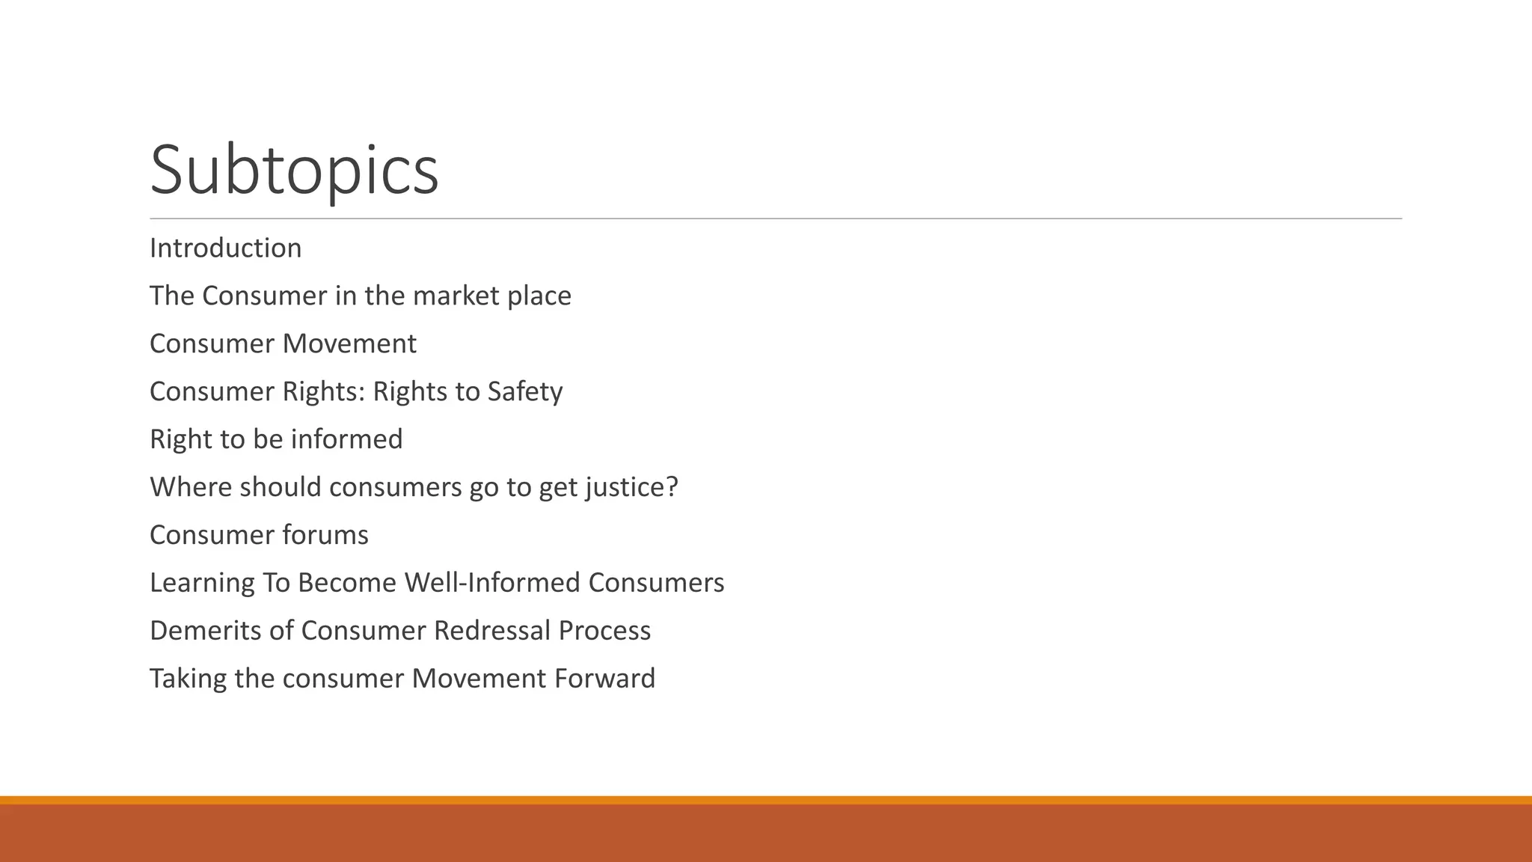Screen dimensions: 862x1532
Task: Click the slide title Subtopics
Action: pyautogui.click(x=294, y=171)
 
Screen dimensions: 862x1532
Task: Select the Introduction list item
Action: pyautogui.click(x=225, y=248)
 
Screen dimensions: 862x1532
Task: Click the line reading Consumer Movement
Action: pyautogui.click(x=283, y=344)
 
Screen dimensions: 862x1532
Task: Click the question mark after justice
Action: pyautogui.click(x=672, y=487)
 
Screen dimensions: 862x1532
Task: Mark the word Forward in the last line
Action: pyautogui.click(x=604, y=679)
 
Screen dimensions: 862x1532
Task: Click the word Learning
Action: pyautogui.click(x=201, y=583)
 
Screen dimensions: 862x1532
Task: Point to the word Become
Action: pyautogui.click(x=346, y=583)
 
